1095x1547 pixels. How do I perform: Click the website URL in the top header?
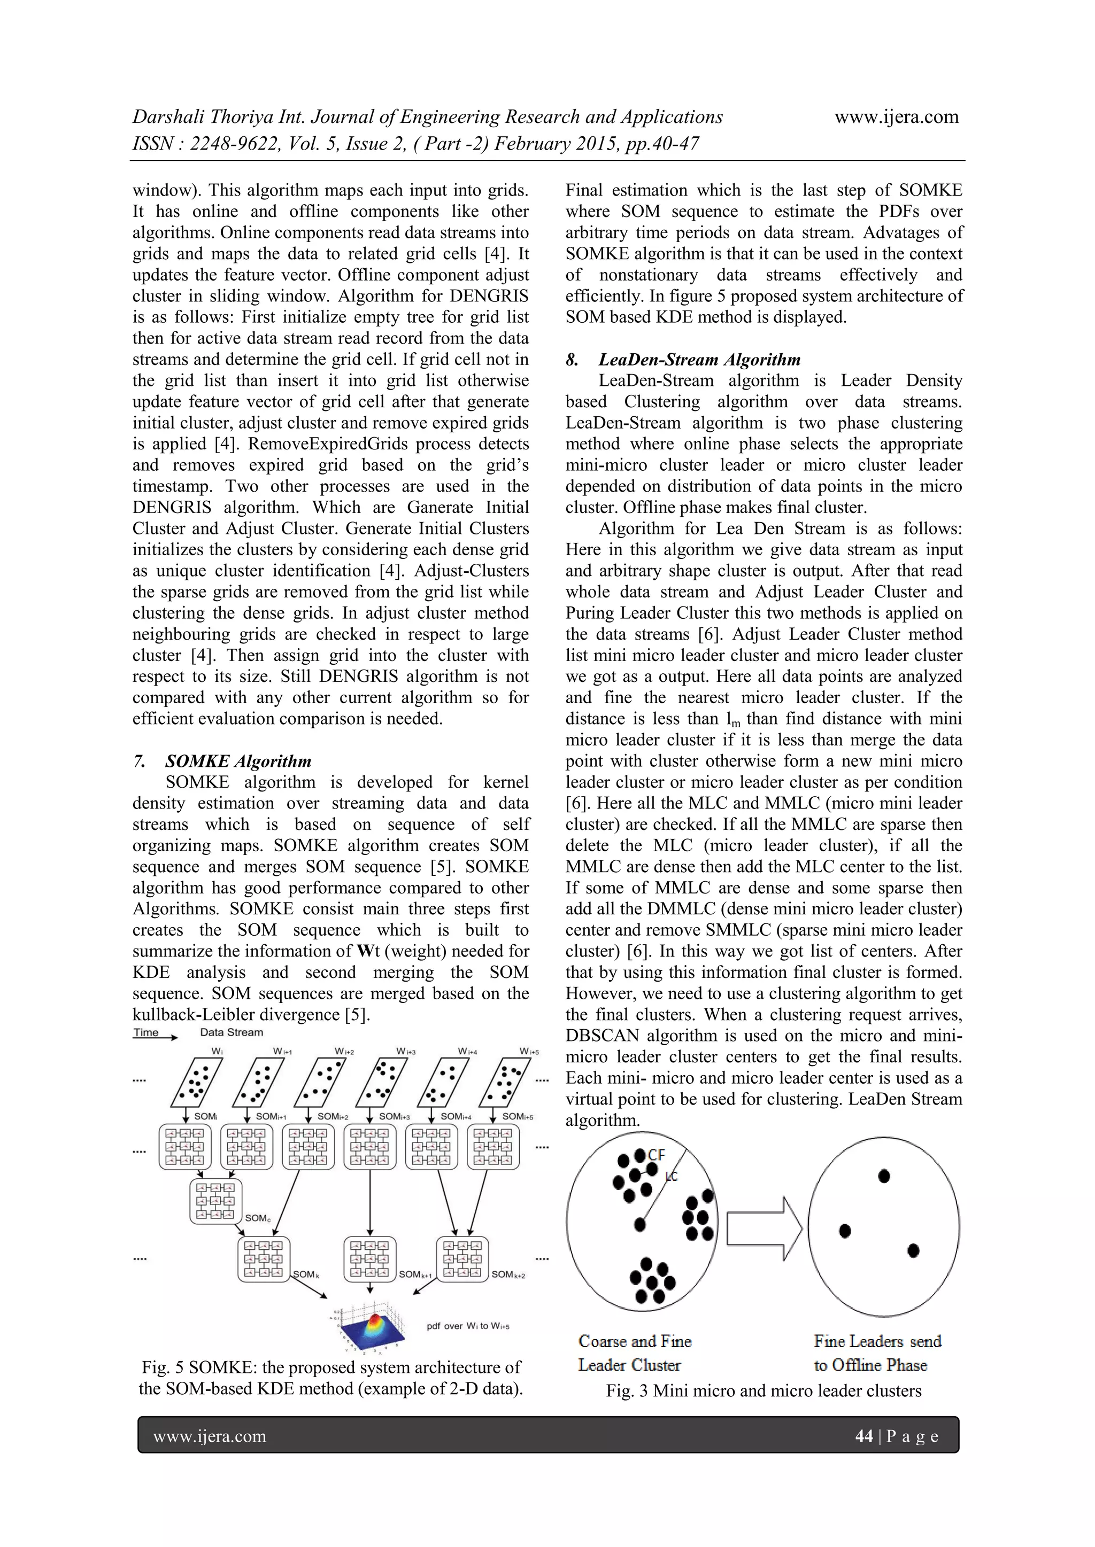point(896,116)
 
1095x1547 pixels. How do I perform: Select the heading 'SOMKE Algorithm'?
point(238,761)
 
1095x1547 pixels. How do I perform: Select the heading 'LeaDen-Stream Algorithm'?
point(699,359)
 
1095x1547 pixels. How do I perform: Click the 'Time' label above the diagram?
point(146,1032)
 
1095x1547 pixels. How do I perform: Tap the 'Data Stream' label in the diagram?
point(232,1032)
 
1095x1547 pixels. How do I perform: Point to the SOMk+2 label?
point(508,1274)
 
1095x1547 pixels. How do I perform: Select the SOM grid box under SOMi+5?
point(493,1146)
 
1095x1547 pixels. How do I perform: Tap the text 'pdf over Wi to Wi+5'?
point(468,1326)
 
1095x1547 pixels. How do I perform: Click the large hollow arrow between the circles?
point(764,1229)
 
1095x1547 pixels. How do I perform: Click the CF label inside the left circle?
point(657,1155)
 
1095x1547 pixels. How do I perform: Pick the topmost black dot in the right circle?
point(884,1176)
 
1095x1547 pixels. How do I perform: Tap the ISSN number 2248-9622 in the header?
point(233,144)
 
